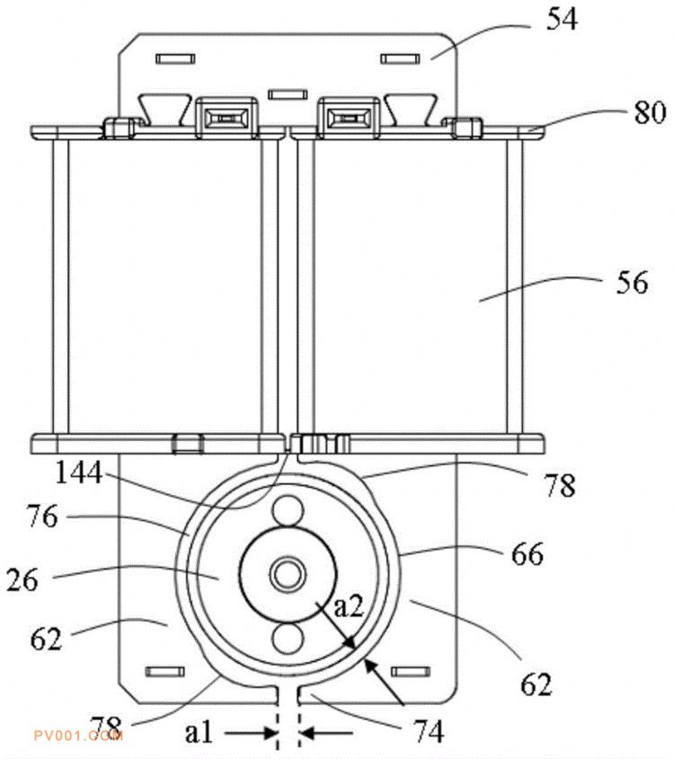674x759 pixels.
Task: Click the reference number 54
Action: (x=562, y=20)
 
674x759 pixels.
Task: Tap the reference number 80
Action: (x=650, y=112)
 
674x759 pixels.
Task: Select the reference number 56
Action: (x=632, y=282)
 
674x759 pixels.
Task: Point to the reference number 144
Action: (x=79, y=472)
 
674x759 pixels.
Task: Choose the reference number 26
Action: (x=22, y=579)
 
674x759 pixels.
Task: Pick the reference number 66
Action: (x=528, y=554)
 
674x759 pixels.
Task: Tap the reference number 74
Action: (x=429, y=731)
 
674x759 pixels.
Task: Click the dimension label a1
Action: (x=199, y=732)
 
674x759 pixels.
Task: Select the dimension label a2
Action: (x=349, y=605)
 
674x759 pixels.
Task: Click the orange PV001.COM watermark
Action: (x=78, y=737)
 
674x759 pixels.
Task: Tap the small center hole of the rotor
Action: (x=288, y=575)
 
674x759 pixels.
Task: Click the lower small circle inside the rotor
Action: (x=288, y=639)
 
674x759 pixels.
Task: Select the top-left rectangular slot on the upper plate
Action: (x=176, y=59)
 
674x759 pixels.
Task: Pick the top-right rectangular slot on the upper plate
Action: (x=400, y=59)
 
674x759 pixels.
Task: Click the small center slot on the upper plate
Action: (x=288, y=94)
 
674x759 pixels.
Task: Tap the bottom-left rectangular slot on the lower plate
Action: (x=165, y=671)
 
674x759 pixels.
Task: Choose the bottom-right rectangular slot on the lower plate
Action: (x=410, y=671)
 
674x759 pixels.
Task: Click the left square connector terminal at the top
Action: (x=226, y=118)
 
